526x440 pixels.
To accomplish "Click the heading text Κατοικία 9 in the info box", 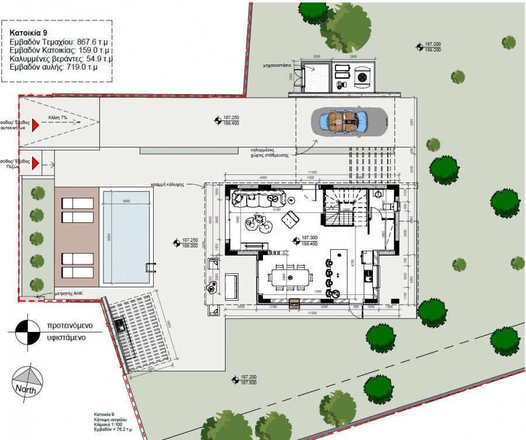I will point(29,33).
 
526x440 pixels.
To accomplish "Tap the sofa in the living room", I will point(258,198).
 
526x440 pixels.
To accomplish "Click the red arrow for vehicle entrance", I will point(35,124).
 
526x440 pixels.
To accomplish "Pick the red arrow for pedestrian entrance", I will point(35,162).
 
